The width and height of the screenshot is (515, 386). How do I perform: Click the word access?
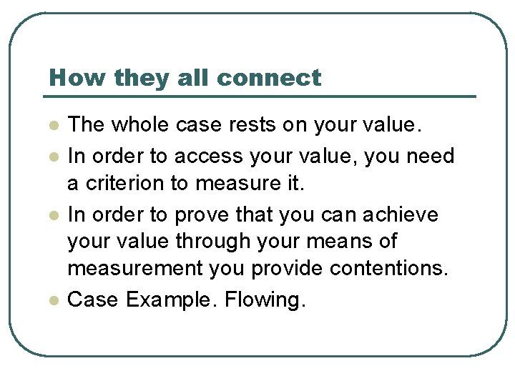click(207, 155)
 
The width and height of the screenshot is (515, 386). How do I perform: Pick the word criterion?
click(122, 184)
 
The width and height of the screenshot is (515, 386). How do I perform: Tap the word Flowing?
click(265, 300)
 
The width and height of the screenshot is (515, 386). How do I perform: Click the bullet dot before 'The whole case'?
click(51, 126)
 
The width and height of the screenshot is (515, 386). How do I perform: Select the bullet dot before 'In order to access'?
click(51, 156)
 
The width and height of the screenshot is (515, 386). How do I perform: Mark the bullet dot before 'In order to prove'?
click(51, 215)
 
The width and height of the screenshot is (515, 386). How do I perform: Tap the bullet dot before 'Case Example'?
click(51, 300)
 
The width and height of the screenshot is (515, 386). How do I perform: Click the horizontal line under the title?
click(261, 96)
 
